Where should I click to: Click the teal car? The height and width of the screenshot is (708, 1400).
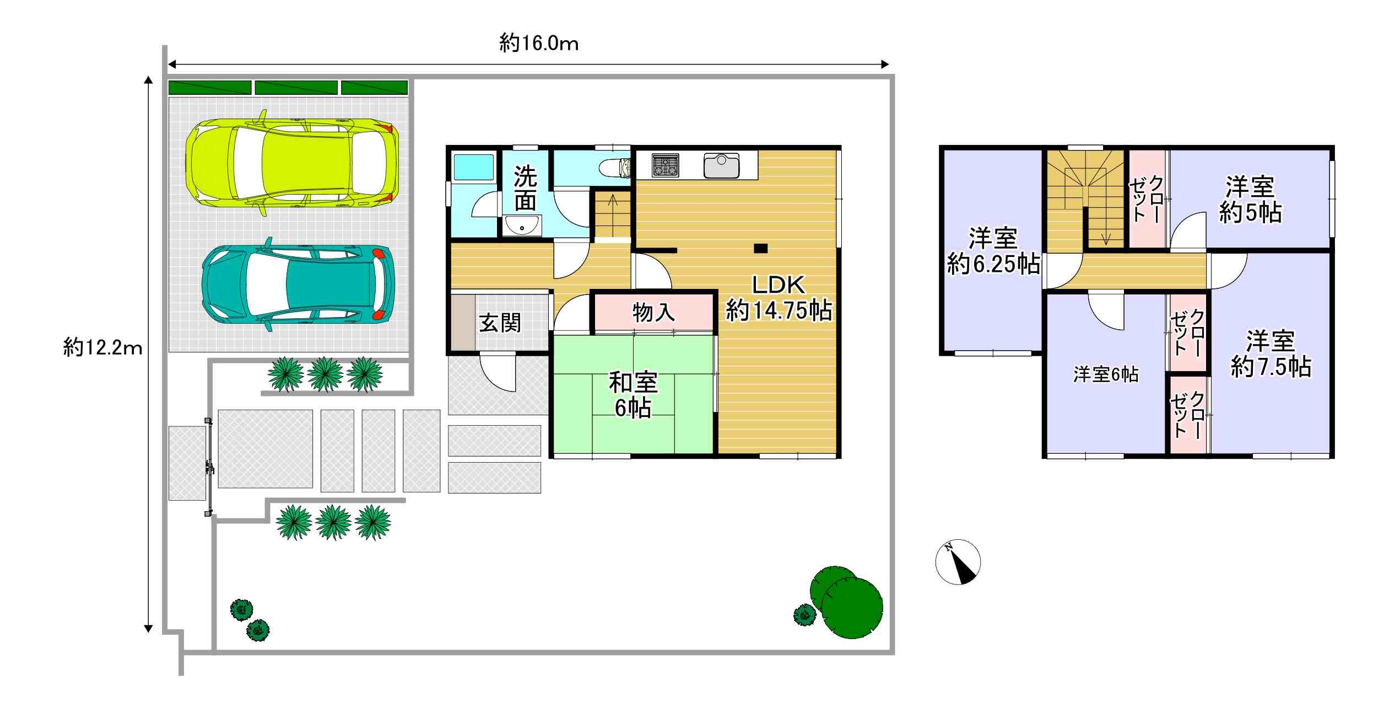click(x=298, y=285)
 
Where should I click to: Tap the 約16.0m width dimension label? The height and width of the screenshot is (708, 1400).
click(x=539, y=43)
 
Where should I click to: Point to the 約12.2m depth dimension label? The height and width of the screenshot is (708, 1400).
click(x=102, y=347)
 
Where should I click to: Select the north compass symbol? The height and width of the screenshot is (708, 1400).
click(x=958, y=561)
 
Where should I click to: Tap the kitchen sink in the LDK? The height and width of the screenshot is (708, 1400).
click(x=721, y=165)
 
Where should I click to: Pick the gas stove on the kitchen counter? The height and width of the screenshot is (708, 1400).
click(x=665, y=165)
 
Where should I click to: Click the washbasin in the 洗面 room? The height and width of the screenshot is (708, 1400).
click(x=522, y=226)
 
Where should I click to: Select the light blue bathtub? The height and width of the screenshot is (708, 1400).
click(x=473, y=167)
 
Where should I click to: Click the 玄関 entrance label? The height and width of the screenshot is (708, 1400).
click(x=500, y=323)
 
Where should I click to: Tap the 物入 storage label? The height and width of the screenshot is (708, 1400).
click(x=653, y=313)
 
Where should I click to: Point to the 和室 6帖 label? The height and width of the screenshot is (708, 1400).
click(x=633, y=395)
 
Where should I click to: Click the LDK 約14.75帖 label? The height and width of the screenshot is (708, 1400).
click(x=779, y=298)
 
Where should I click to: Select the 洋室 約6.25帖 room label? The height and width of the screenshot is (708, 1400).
click(x=993, y=251)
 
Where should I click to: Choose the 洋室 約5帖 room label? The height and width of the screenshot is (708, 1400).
click(x=1250, y=200)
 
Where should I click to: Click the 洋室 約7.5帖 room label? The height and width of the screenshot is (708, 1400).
click(x=1271, y=354)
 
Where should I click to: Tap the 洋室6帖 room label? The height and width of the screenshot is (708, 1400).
click(x=1105, y=375)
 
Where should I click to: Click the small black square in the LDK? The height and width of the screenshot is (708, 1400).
click(x=760, y=248)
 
